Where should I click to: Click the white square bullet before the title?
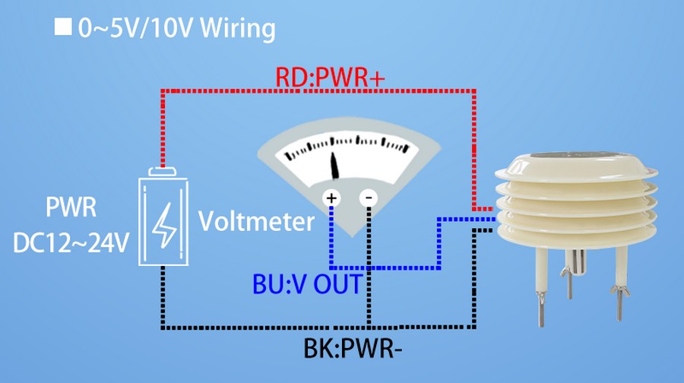(62, 30)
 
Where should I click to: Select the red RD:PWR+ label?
(324, 77)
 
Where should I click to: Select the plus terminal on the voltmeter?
(331, 199)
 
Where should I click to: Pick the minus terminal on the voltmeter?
(369, 199)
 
